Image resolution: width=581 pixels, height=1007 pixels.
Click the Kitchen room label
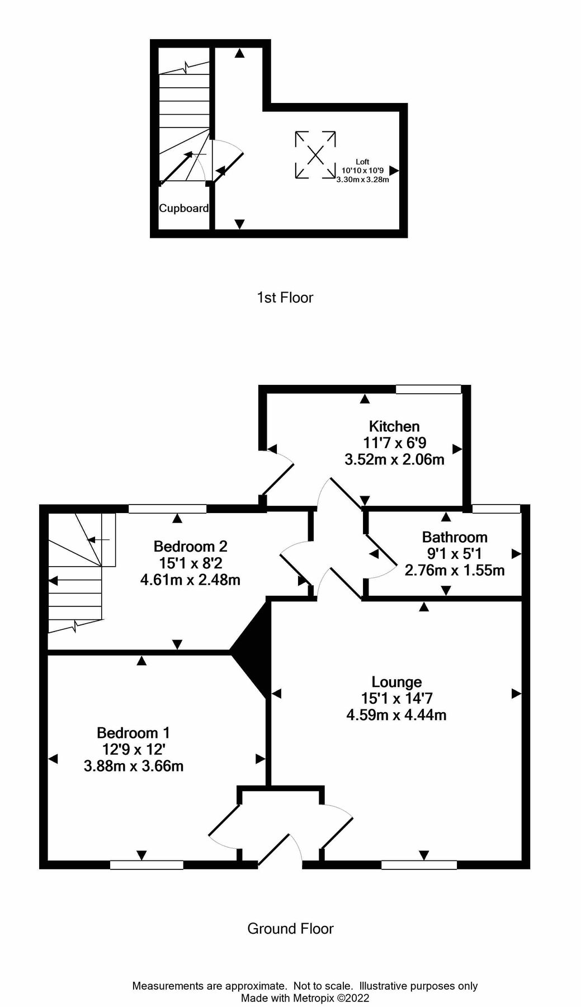[x=394, y=426]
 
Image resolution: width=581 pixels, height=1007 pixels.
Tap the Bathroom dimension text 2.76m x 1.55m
[x=454, y=571]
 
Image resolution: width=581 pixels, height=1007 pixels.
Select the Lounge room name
[x=396, y=682]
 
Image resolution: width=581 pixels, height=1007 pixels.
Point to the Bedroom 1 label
[x=133, y=732]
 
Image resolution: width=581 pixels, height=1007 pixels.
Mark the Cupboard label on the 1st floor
[x=183, y=208]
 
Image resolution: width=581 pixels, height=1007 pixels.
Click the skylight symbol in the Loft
[x=315, y=155]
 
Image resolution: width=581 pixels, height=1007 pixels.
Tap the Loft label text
[x=362, y=162]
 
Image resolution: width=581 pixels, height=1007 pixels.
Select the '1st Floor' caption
[x=285, y=298]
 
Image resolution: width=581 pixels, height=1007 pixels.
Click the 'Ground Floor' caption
[x=290, y=929]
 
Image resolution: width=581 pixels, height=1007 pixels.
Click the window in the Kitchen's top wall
[x=428, y=389]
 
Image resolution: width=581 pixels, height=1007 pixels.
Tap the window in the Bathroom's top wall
[x=495, y=509]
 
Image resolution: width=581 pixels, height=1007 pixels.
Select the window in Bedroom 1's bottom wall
[x=147, y=865]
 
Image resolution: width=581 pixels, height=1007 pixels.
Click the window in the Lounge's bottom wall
[x=419, y=865]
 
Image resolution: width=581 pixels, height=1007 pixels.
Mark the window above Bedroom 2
[x=167, y=509]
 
